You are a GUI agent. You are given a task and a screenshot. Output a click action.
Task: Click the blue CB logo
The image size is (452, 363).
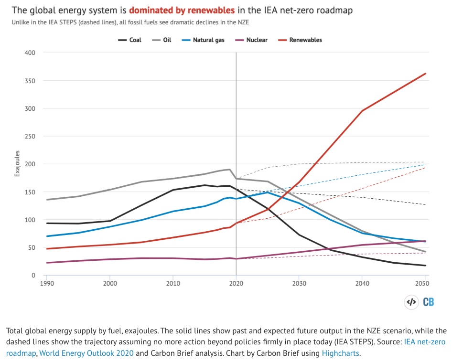[x=428, y=302]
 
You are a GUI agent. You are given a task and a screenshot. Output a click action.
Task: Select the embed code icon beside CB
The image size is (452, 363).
[x=411, y=302]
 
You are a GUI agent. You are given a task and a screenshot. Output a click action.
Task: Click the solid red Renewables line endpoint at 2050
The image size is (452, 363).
[x=425, y=74]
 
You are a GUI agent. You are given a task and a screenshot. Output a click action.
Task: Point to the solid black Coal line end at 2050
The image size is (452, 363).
[x=425, y=266]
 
